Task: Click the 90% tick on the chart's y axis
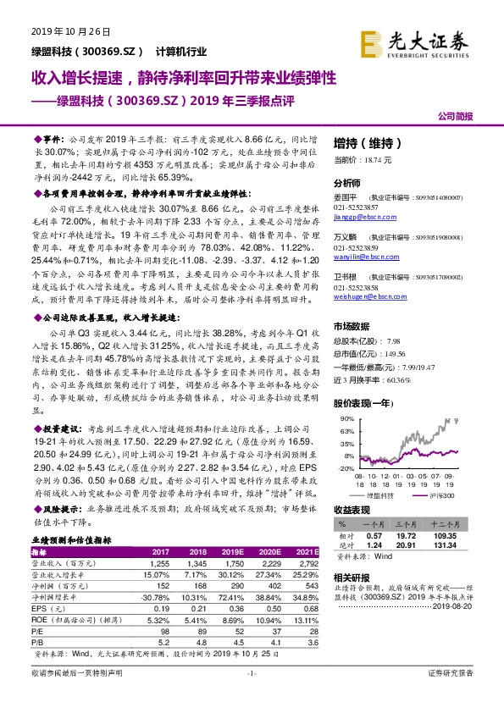click(x=346, y=418)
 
